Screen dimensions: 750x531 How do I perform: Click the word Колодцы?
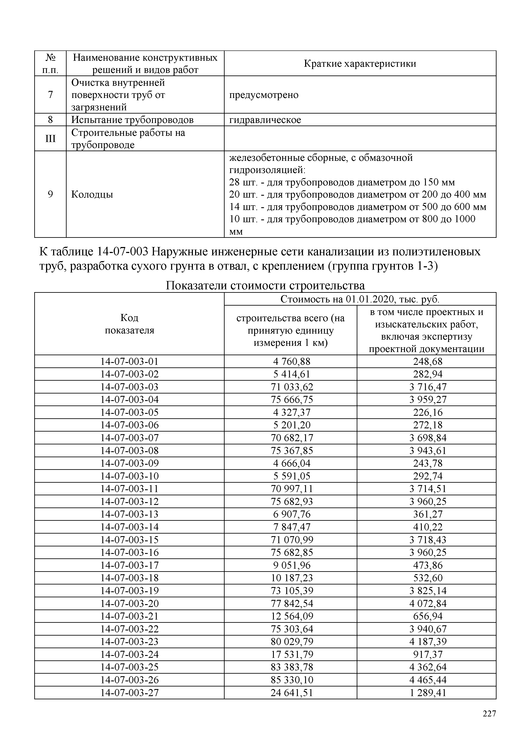(92, 194)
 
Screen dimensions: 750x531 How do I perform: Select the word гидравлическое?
(265, 120)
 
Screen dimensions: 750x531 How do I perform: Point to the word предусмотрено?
(264, 95)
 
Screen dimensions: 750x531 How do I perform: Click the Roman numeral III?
(50, 139)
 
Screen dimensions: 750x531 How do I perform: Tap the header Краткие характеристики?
(360, 63)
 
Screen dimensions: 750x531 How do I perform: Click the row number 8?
(50, 120)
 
